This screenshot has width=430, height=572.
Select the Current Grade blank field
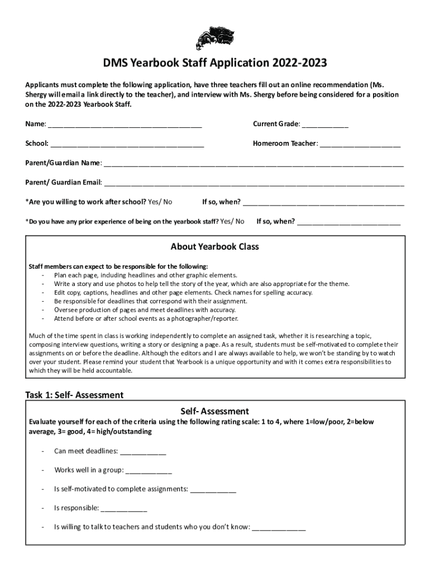tap(325, 125)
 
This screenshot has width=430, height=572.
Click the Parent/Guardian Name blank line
tap(254, 164)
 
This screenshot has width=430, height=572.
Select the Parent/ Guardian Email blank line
tap(254, 183)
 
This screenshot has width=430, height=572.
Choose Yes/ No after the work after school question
tap(160, 202)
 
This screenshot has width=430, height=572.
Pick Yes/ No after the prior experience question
tap(232, 221)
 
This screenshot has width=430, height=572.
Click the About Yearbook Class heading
tap(214, 247)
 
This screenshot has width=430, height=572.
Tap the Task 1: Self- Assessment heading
tap(74, 395)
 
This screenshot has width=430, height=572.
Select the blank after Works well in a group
tap(149, 471)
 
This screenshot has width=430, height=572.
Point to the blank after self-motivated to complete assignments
tap(213, 490)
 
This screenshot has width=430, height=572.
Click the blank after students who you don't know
tap(279, 527)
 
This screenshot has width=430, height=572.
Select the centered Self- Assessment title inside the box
tap(215, 412)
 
